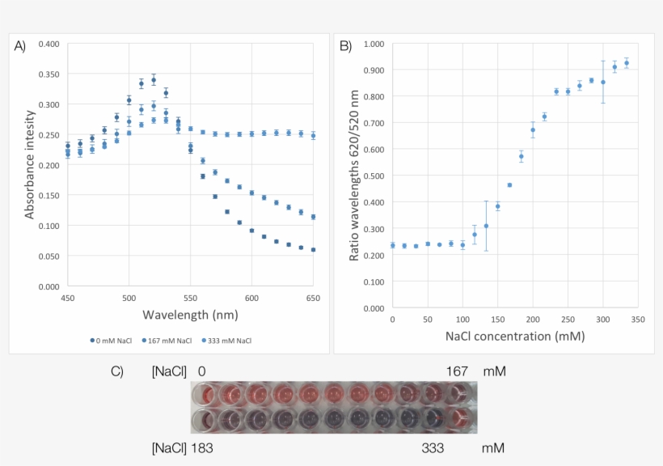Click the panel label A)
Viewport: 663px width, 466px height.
(x=20, y=46)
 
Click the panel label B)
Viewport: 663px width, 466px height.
(x=345, y=46)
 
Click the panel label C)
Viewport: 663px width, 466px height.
(x=117, y=371)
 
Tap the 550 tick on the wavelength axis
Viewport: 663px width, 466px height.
(x=190, y=299)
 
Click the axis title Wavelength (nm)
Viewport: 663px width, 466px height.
(x=190, y=313)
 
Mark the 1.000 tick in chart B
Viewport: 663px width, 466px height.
(x=373, y=44)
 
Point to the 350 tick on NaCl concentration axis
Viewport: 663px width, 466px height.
(x=638, y=320)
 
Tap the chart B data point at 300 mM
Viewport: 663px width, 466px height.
(x=603, y=82)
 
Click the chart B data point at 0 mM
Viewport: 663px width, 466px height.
(x=392, y=245)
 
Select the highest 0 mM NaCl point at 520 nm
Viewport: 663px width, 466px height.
(x=154, y=80)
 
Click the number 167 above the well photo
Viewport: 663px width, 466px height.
(x=458, y=371)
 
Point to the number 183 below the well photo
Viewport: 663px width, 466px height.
(x=202, y=447)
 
